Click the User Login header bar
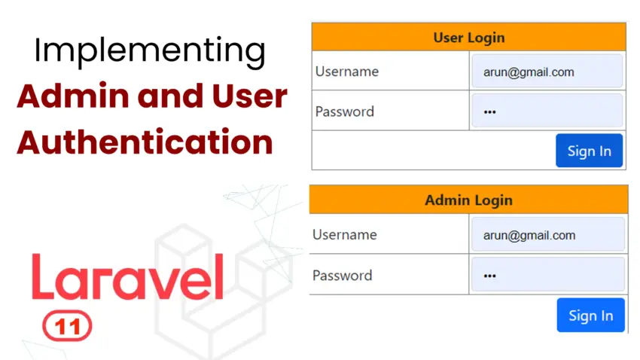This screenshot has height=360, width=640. click(468, 37)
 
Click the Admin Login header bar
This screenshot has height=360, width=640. click(468, 200)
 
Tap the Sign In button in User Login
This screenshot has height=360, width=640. click(589, 151)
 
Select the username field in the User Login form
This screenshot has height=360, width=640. click(547, 72)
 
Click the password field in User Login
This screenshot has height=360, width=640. click(547, 111)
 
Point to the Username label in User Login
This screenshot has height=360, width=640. click(346, 72)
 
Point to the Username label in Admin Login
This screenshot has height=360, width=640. click(344, 235)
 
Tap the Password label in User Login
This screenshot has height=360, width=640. click(344, 111)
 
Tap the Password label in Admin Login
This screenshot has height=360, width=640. click(342, 275)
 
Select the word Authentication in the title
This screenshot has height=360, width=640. click(145, 141)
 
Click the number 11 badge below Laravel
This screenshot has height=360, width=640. click(68, 326)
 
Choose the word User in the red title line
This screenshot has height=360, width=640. click(248, 97)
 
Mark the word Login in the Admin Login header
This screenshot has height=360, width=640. click(492, 200)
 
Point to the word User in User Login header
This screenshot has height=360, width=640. click(449, 37)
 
